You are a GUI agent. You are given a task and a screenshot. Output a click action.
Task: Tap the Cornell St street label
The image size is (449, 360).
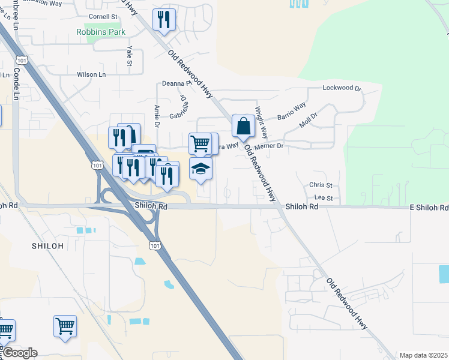point(103,17)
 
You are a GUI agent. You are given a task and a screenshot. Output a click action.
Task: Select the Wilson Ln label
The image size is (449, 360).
point(91,75)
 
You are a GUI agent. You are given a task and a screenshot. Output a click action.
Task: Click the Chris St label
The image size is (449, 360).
point(321,185)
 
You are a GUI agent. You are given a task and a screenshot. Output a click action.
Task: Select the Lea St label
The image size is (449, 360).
point(323,198)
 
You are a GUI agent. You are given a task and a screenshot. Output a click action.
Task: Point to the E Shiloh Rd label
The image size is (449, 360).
point(429,208)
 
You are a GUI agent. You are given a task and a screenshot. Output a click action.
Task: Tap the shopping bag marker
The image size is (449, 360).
point(243,127)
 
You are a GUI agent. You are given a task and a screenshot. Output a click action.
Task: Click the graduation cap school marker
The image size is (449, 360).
point(200,169)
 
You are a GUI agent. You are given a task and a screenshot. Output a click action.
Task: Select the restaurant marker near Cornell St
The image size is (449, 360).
point(163,20)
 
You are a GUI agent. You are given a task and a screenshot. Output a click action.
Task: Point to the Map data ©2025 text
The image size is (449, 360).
point(423,355)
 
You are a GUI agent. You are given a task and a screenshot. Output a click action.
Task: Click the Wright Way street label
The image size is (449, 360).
point(261,122)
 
